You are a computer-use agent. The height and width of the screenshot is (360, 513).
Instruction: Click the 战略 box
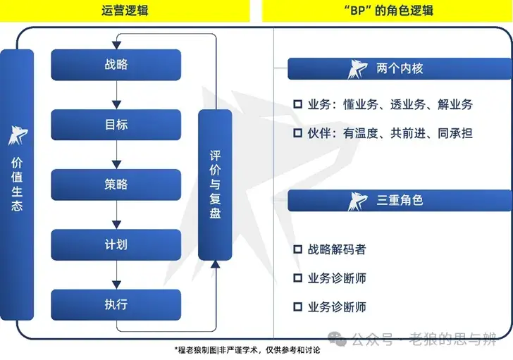pos(116,65)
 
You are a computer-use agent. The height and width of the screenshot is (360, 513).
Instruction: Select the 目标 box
pos(116,125)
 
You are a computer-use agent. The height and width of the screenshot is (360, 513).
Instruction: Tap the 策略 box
pos(116,185)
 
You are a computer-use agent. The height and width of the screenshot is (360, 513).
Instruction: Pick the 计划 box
pos(116,244)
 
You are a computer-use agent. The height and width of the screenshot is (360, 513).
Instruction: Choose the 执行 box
pos(116,304)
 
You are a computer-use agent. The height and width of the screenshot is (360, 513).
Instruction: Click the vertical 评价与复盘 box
pos(215,185)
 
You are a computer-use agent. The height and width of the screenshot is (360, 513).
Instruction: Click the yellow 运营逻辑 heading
pos(125,11)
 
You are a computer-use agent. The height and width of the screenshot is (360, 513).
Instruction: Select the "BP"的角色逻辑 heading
pos(387,11)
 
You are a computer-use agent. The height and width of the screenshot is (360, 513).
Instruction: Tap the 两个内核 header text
pos(400,69)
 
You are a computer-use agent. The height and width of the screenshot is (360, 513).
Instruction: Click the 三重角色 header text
pos(400,200)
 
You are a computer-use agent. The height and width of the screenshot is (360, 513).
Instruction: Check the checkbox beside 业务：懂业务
pos(297,105)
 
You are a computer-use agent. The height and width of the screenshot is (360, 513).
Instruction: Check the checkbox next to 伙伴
pos(297,132)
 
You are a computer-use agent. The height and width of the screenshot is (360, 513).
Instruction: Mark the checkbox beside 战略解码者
pos(297,249)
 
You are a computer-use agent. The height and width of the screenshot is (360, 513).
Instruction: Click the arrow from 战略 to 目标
pos(116,95)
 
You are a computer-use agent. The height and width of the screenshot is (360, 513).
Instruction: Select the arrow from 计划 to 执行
pos(116,275)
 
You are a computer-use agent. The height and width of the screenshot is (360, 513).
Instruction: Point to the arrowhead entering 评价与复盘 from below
pos(215,264)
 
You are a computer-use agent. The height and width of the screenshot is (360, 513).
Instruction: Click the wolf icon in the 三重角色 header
pos(357,201)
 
